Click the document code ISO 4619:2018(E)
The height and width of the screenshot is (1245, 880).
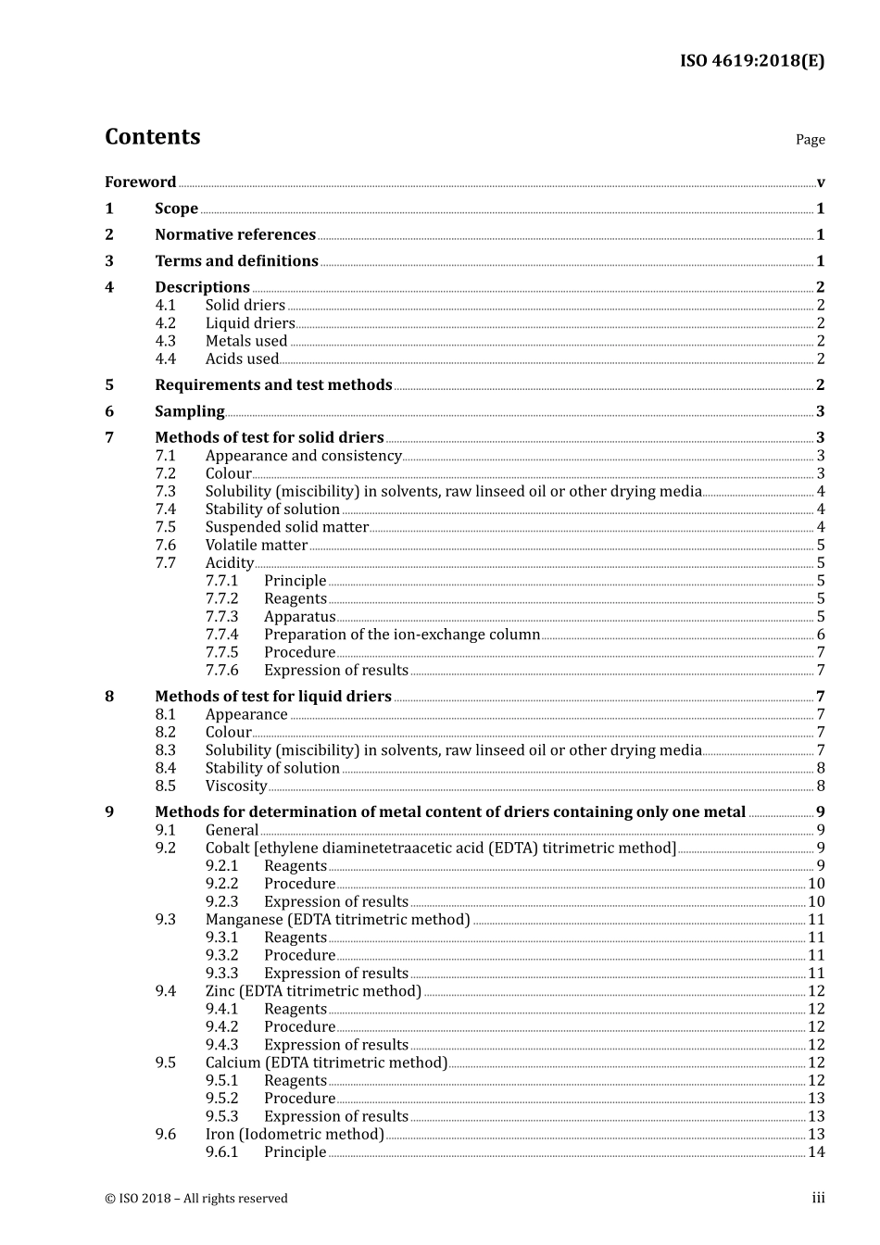751,61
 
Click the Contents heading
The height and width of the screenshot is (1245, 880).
152,137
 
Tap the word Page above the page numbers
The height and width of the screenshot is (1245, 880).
810,140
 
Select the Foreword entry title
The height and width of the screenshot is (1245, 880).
140,182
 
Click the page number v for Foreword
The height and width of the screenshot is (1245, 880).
821,182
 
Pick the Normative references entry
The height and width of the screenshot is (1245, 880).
235,235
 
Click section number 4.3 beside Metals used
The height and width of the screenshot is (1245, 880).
165,341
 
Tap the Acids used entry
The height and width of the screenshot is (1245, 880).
242,359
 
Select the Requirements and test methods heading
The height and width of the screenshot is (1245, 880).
273,385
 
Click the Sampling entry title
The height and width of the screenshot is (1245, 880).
189,411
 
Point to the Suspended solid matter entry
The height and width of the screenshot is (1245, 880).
286,527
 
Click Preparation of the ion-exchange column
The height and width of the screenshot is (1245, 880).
402,635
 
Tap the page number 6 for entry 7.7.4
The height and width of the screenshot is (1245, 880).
821,635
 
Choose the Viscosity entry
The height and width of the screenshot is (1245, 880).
236,786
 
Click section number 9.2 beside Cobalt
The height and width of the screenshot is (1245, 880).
165,849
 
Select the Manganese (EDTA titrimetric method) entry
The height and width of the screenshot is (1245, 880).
337,920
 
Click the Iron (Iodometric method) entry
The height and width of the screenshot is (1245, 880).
295,1135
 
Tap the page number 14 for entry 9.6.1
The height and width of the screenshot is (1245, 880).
816,1152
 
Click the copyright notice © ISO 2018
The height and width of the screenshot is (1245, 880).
195,1199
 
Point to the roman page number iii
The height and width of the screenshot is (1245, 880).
818,1199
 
